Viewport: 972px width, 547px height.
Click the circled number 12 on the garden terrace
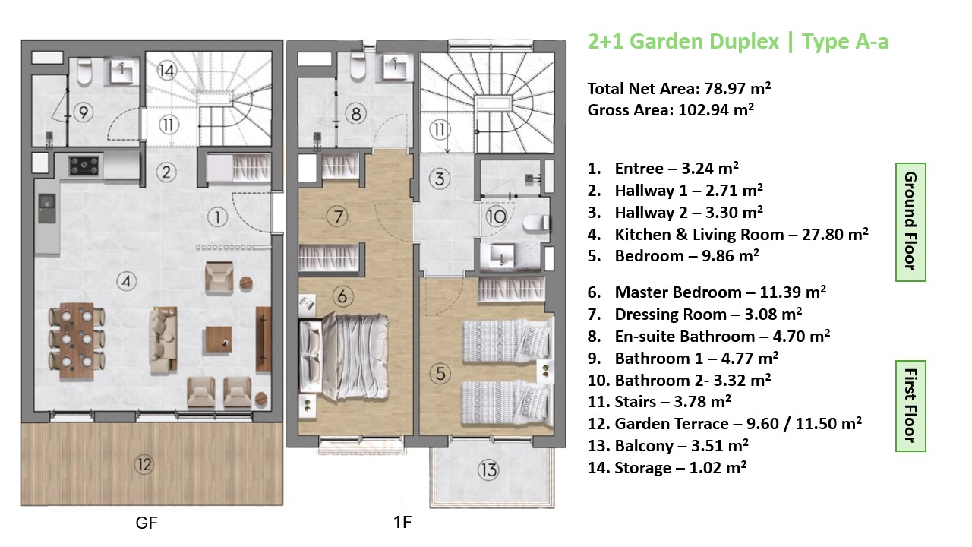click(144, 465)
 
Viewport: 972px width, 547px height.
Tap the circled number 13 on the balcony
click(488, 470)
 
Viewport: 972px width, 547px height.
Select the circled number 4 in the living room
click(126, 282)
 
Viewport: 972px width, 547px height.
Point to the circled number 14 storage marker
click(166, 71)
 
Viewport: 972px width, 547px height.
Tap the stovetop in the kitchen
click(84, 166)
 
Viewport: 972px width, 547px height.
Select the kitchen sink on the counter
click(46, 208)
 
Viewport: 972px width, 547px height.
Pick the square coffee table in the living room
click(219, 340)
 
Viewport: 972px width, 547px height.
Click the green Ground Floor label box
click(910, 222)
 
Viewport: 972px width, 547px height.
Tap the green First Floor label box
click(910, 406)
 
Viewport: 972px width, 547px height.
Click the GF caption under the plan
click(147, 523)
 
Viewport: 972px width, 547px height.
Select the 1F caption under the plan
click(402, 522)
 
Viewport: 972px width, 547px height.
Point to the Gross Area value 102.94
click(703, 110)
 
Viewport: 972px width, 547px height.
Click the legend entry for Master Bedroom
click(706, 292)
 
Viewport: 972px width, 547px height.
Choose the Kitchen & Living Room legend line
click(727, 235)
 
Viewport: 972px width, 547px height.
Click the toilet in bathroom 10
click(535, 223)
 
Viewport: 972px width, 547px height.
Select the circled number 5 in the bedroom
click(440, 373)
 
